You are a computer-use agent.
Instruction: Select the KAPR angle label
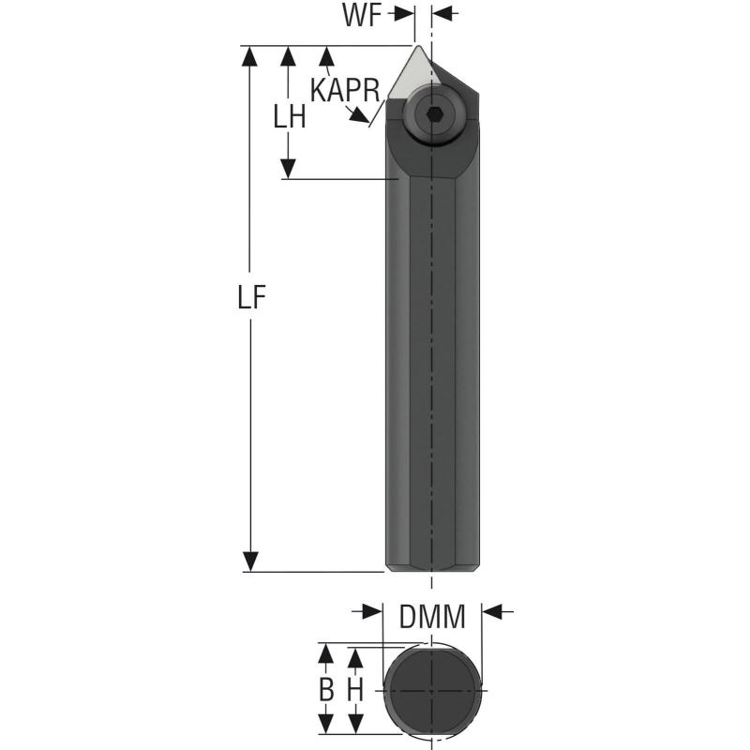tap(344, 90)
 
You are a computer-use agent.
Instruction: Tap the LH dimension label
tap(289, 116)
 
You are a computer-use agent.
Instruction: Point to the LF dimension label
tap(250, 297)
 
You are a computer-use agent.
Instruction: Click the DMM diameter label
tap(432, 618)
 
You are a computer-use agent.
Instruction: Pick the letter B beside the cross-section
tap(326, 690)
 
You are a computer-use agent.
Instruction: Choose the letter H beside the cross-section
tap(355, 690)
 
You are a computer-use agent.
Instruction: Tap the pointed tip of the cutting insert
tap(415, 47)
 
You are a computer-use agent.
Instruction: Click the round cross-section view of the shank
tap(432, 690)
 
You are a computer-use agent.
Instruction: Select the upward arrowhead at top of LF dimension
tap(250, 55)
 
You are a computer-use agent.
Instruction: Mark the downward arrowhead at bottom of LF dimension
tap(250, 562)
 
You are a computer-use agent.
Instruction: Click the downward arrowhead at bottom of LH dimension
tap(289, 169)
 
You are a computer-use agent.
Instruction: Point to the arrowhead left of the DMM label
tap(374, 611)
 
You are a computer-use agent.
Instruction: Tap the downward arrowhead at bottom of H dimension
tap(355, 725)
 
